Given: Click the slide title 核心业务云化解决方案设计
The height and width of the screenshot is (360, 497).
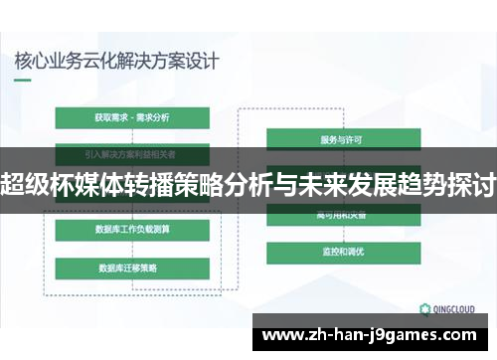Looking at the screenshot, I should pyautogui.click(x=116, y=60).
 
